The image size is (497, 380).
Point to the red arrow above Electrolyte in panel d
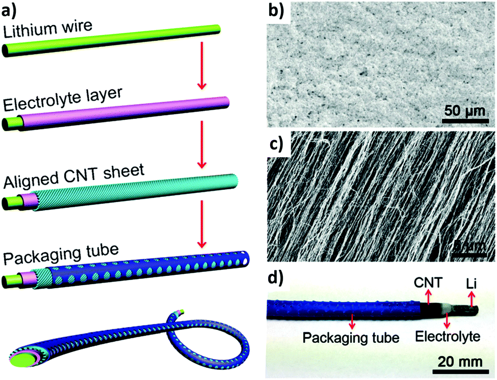pyautogui.click(x=447, y=320)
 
